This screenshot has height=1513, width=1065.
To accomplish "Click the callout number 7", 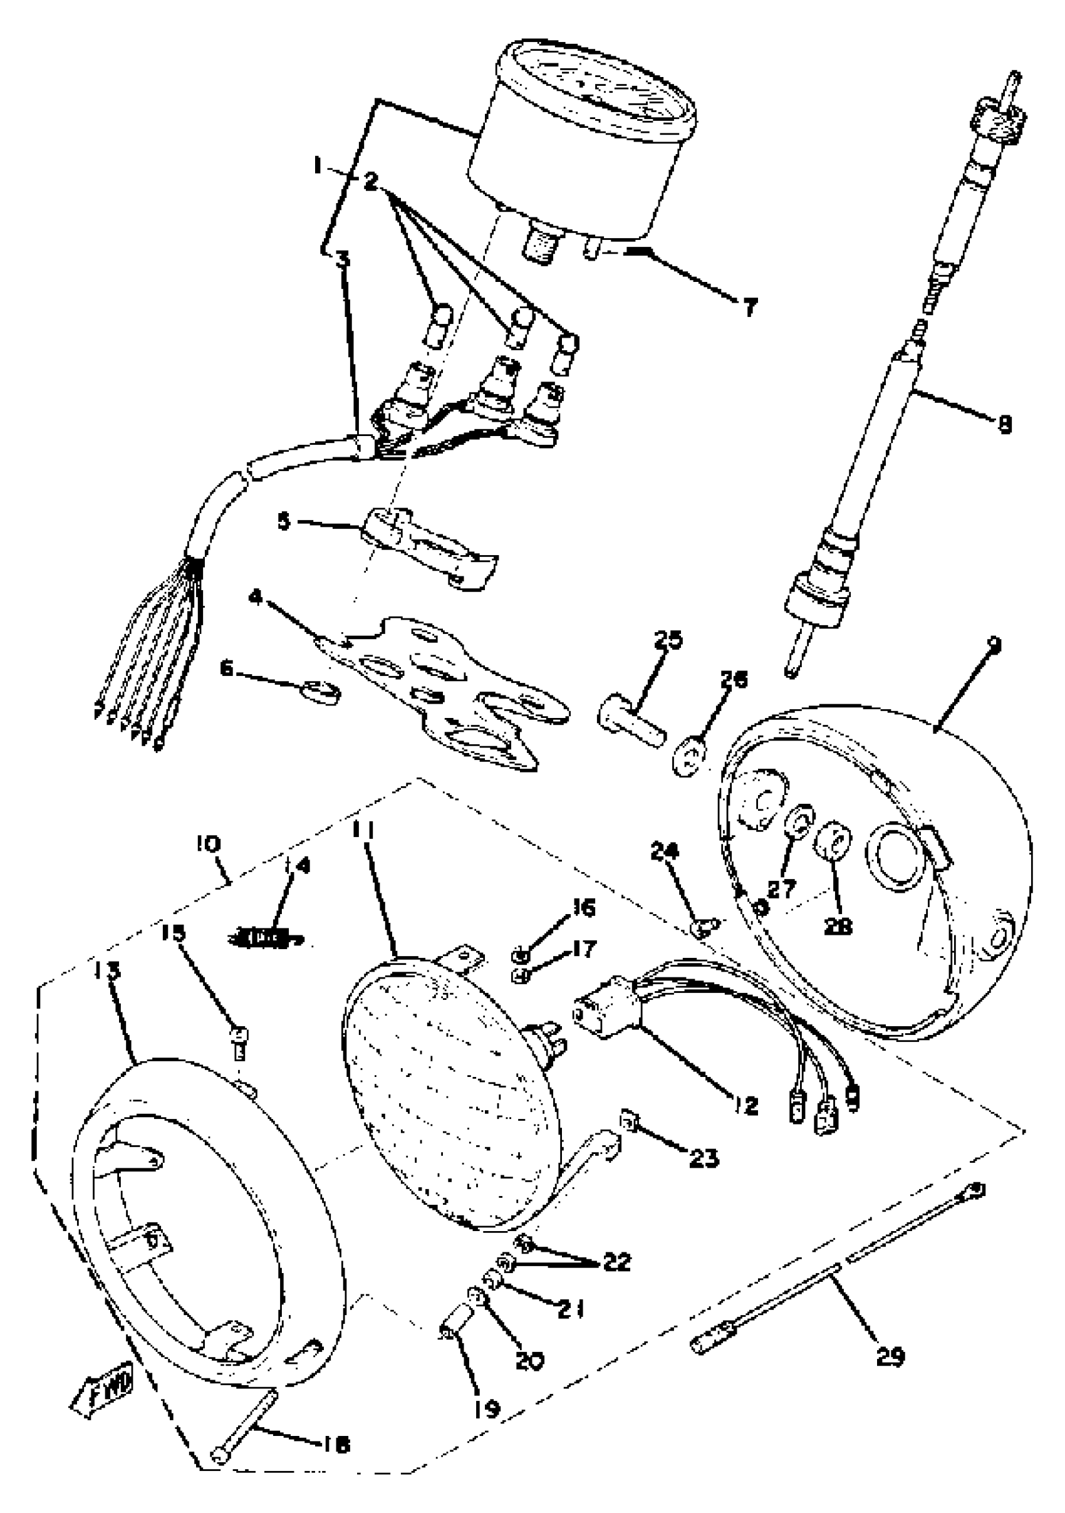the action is (x=749, y=307).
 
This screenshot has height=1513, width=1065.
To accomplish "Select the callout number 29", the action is (x=890, y=1356).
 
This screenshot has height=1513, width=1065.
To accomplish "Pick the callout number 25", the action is (x=668, y=640).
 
